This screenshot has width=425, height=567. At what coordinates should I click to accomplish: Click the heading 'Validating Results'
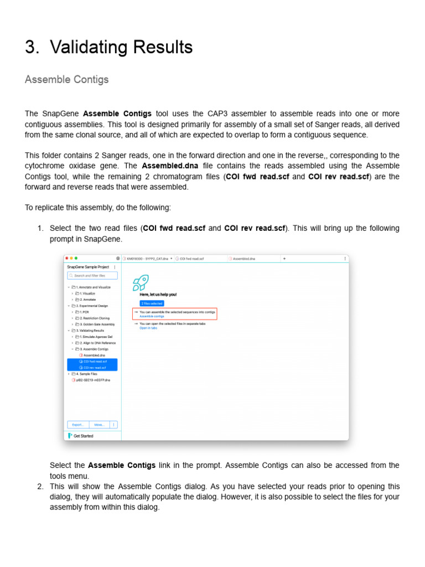[121, 48]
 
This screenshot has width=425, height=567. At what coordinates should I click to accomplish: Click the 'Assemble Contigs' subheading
[66, 79]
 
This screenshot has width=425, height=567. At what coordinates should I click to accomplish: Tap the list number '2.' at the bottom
[40, 486]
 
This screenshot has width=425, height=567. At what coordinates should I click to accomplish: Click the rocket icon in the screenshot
[141, 283]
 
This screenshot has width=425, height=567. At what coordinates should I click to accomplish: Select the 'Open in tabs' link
[148, 328]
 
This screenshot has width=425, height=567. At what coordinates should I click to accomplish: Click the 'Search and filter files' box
[92, 275]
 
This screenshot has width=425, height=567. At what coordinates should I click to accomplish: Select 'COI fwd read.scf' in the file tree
[95, 361]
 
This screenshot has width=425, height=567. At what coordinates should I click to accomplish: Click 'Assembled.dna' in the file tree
[90, 355]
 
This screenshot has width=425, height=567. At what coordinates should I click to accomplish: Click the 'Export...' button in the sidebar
[77, 425]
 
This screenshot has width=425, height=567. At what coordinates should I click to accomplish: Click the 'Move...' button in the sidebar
[99, 425]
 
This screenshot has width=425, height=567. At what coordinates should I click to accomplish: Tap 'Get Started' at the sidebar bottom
[83, 436]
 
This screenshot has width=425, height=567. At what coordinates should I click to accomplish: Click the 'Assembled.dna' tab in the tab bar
[244, 258]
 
